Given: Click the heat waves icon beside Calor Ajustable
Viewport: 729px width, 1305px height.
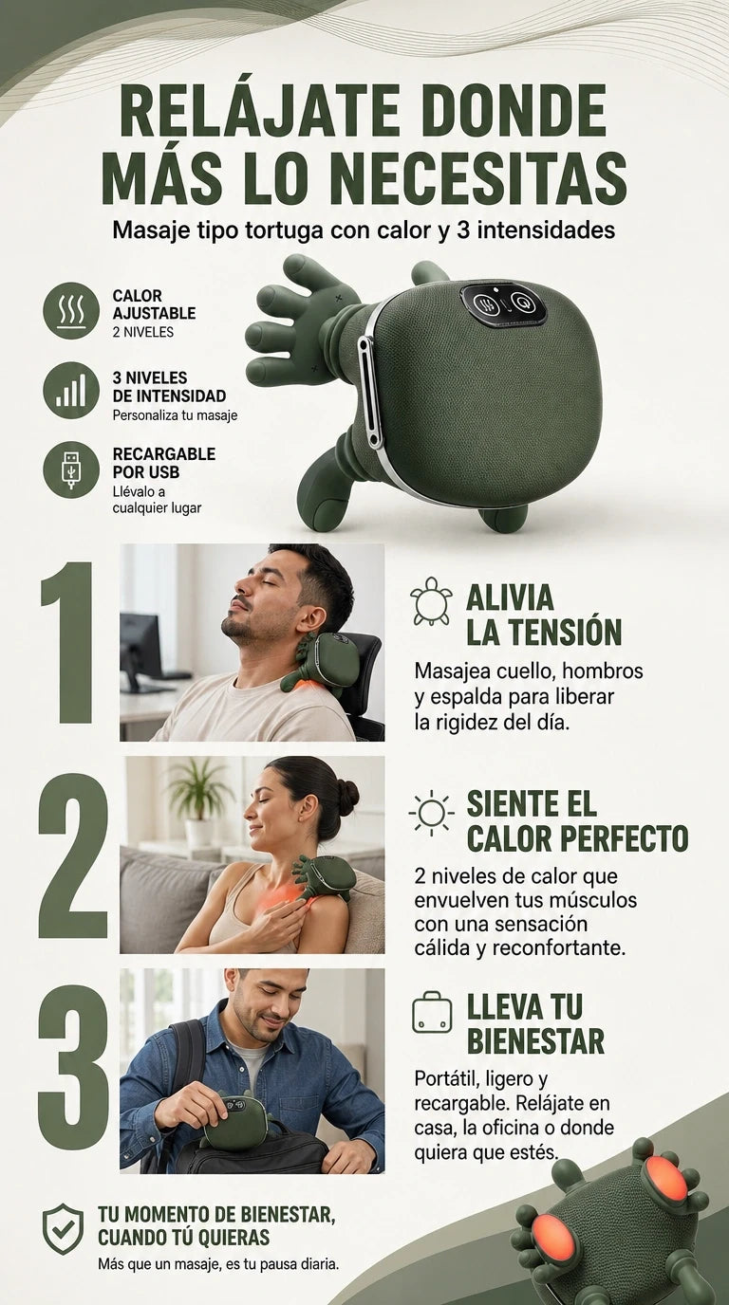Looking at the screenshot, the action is [71, 310].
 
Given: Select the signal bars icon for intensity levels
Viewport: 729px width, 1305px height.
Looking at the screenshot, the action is [71, 390].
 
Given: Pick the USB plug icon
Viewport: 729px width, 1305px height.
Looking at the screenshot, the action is [71, 469].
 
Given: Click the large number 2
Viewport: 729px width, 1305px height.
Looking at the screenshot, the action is [73, 855].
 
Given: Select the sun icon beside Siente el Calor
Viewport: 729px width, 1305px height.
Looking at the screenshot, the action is [432, 812].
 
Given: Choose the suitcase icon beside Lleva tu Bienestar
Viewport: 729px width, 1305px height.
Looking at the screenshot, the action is [432, 1014].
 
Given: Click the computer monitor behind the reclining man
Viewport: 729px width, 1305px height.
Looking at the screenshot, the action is [141, 643].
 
